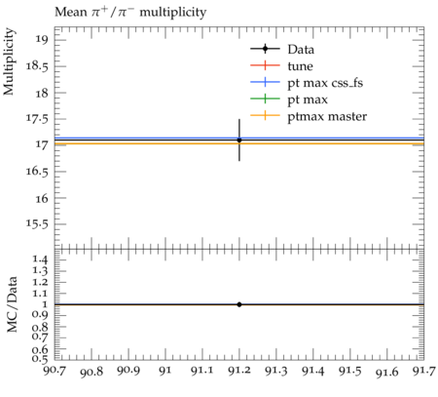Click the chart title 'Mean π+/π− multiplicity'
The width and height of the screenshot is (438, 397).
pyautogui.click(x=130, y=13)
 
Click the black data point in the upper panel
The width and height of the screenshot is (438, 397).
pyautogui.click(x=239, y=139)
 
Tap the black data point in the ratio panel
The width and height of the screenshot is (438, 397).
pyautogui.click(x=239, y=304)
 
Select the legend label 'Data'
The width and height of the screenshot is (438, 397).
pyautogui.click(x=301, y=50)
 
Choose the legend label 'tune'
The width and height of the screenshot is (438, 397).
pyautogui.click(x=300, y=66)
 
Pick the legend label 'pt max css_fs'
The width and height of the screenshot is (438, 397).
pyautogui.click(x=325, y=83)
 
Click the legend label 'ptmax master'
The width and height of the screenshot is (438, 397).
pyautogui.click(x=327, y=116)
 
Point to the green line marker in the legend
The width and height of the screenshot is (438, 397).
pyautogui.click(x=265, y=99)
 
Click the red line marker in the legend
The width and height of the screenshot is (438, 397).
pyautogui.click(x=265, y=65)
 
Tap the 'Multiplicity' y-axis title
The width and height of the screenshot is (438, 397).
pyautogui.click(x=9, y=61)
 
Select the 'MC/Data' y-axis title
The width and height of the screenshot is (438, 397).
pyautogui.click(x=13, y=304)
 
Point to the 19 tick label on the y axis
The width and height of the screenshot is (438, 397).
pyautogui.click(x=41, y=40)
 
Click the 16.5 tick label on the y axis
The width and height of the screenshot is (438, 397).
pyautogui.click(x=37, y=172)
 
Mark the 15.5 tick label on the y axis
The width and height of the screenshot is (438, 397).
pyautogui.click(x=37, y=224)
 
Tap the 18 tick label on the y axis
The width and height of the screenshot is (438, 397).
pyautogui.click(x=41, y=93)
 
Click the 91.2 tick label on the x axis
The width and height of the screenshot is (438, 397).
pyautogui.click(x=239, y=371)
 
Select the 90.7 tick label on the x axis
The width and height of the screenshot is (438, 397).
pyautogui.click(x=55, y=371)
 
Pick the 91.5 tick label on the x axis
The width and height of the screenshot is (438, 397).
pyautogui.click(x=350, y=371)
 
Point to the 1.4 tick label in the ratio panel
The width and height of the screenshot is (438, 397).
pyautogui.click(x=41, y=259)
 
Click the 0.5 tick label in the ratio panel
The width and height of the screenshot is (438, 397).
pyautogui.click(x=40, y=358)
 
